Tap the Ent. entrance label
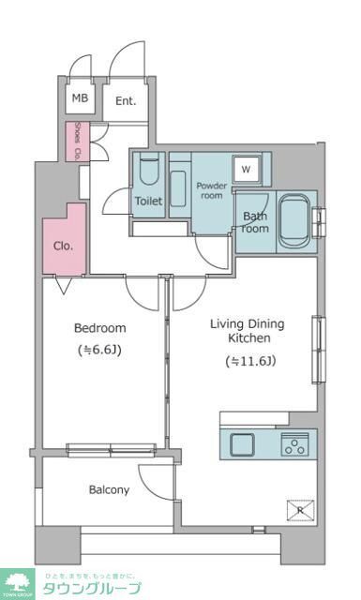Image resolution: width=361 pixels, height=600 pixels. click(x=125, y=101)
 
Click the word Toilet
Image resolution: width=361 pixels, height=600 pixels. click(x=148, y=202)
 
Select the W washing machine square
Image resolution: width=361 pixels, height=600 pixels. click(x=246, y=170)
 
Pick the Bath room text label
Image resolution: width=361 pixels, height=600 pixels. click(x=255, y=222)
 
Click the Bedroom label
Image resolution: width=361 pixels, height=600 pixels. click(x=100, y=328)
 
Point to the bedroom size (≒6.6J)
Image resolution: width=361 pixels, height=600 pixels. click(x=100, y=352)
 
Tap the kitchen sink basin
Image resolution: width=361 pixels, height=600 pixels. click(x=240, y=444)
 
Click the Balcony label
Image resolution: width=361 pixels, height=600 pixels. click(x=109, y=489)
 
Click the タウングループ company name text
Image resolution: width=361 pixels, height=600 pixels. click(x=91, y=588)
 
